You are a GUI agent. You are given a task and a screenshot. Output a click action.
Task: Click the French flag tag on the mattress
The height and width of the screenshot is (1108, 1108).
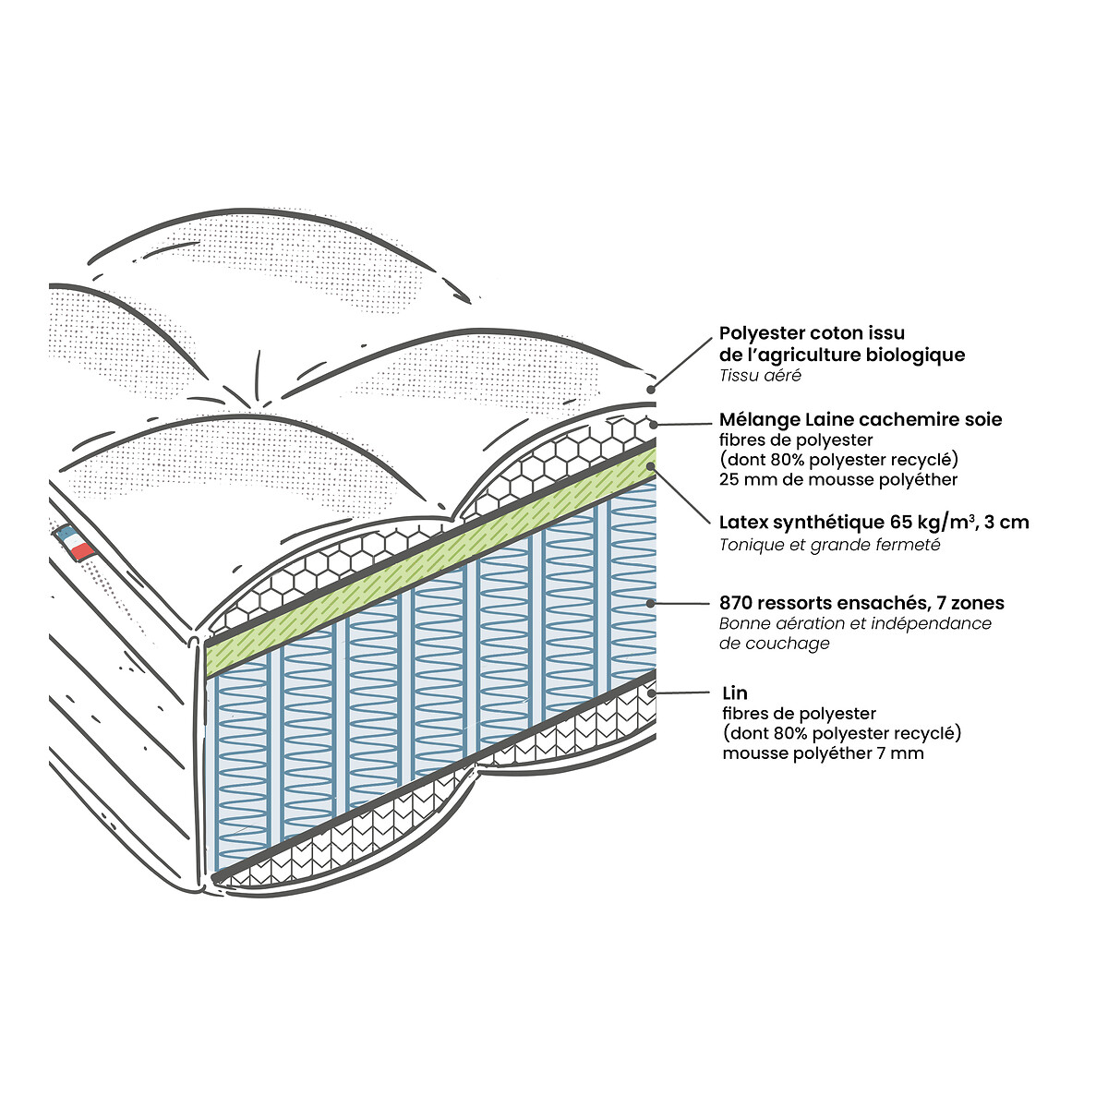[x=74, y=542]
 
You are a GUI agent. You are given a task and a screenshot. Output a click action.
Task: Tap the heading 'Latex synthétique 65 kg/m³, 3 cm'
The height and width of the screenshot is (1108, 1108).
[x=873, y=523]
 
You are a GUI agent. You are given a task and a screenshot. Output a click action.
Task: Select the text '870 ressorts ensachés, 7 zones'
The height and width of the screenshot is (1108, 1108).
[x=861, y=603]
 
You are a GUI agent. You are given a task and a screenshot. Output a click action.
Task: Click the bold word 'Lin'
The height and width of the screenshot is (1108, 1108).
[x=735, y=692]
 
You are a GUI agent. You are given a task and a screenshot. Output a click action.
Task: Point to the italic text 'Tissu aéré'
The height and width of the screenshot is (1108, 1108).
[x=760, y=376]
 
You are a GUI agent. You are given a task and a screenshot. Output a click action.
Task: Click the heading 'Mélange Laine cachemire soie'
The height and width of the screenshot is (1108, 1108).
[x=861, y=420]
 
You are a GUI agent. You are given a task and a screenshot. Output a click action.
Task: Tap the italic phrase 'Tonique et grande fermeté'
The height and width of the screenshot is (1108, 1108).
[x=829, y=545]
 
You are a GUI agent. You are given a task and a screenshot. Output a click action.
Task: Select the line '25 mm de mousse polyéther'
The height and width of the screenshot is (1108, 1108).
[x=837, y=479]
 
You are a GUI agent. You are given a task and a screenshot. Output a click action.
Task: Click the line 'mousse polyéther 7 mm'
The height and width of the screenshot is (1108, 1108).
[x=823, y=753]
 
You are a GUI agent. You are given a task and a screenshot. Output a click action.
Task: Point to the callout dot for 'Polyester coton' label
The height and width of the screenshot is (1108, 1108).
[x=652, y=390]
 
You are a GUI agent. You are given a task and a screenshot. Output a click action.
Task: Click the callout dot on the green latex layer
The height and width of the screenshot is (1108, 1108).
[x=652, y=465]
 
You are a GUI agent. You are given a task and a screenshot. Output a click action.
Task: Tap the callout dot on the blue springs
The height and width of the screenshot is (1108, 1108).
[x=651, y=603]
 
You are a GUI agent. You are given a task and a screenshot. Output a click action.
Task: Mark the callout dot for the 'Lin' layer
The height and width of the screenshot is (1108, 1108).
[x=652, y=692]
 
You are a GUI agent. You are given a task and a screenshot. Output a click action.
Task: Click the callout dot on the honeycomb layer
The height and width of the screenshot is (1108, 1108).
[x=653, y=425]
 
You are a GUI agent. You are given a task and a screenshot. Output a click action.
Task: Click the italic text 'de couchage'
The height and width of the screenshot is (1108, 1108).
[x=774, y=644]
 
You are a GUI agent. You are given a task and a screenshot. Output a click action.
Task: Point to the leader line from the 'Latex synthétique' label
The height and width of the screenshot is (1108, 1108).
[x=681, y=495]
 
